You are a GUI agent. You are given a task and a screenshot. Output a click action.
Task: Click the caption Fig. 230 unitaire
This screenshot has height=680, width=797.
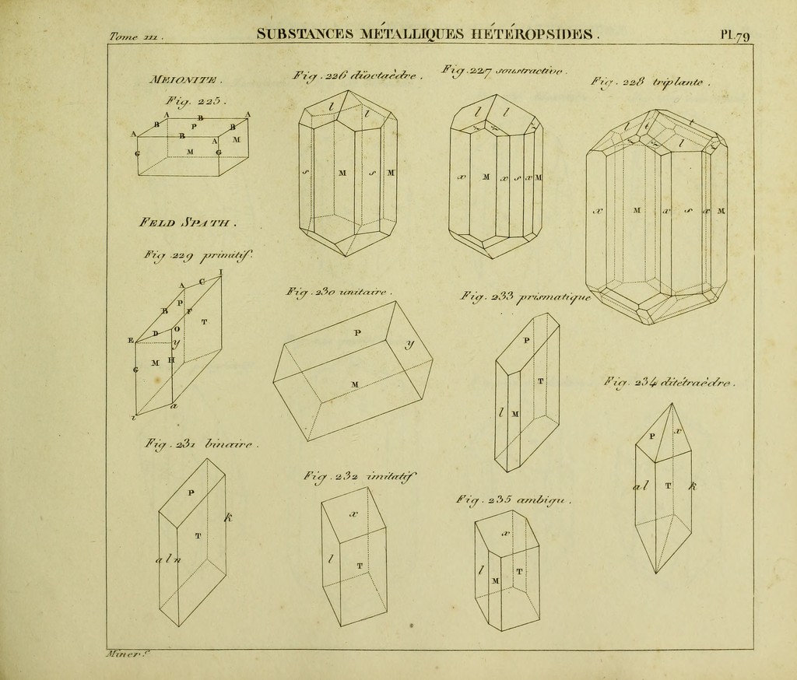pos(339,293)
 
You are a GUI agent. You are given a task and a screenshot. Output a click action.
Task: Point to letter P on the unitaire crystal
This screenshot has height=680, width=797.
pos(357,333)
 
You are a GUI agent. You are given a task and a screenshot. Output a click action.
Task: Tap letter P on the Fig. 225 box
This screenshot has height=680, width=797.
pos(194,125)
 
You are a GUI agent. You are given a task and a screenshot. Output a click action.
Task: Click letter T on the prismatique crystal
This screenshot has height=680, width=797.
pos(541,381)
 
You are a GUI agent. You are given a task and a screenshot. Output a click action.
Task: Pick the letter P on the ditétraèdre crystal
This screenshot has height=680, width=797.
pos(652,436)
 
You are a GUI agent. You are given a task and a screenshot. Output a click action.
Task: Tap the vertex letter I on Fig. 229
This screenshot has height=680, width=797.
pos(221,272)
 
